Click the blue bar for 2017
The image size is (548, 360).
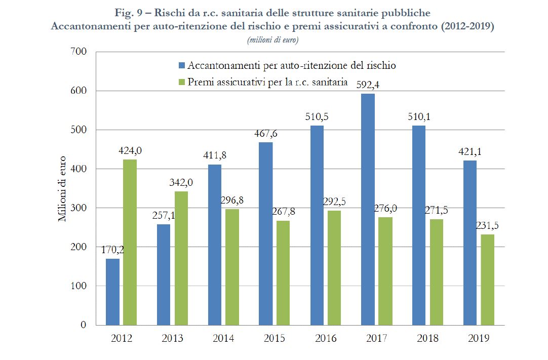pos(368,209)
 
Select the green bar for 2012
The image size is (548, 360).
pos(130,242)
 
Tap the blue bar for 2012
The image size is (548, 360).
pos(112,292)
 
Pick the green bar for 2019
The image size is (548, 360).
pos(488,279)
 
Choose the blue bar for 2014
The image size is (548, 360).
pos(215,245)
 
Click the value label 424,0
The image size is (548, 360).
pos(130,151)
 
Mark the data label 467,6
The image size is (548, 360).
pos(266,134)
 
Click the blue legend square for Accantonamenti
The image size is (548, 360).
pos(182,66)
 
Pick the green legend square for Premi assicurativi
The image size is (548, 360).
pos(182,82)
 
